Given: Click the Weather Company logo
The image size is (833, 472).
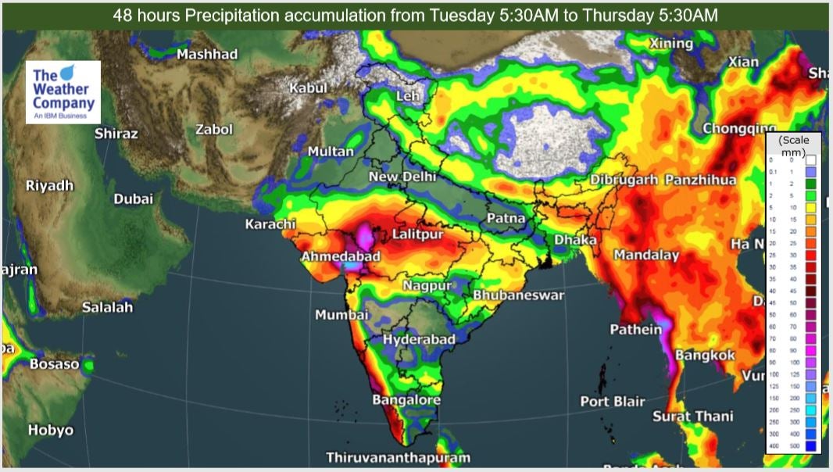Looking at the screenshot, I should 63,92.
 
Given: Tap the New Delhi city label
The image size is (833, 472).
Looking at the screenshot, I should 402,177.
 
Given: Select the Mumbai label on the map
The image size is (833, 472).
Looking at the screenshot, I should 341,315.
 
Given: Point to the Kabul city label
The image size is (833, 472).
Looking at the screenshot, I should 308,88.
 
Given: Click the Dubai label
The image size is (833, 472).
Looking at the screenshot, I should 134,199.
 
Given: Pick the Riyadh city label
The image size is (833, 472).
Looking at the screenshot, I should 49,186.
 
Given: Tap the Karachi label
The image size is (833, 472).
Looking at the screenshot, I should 270,225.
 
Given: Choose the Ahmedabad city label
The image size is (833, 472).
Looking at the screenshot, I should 341,256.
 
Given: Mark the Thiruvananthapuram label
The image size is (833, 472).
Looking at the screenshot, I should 399,457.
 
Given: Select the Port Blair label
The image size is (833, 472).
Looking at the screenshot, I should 613,401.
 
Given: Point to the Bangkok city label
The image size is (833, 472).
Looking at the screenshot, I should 706,356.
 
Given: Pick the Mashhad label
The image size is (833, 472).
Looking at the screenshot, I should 207,55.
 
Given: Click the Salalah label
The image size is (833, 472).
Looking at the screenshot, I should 108,308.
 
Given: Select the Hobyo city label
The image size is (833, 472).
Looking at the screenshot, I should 51,430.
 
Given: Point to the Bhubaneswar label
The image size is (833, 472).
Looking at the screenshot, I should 518,295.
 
